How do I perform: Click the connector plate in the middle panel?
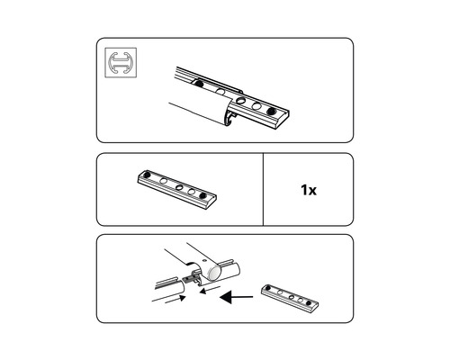click(177, 189)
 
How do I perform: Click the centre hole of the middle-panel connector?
click(178, 187)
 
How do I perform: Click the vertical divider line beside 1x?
click(264, 189)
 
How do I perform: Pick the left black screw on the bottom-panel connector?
click(269, 287)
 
